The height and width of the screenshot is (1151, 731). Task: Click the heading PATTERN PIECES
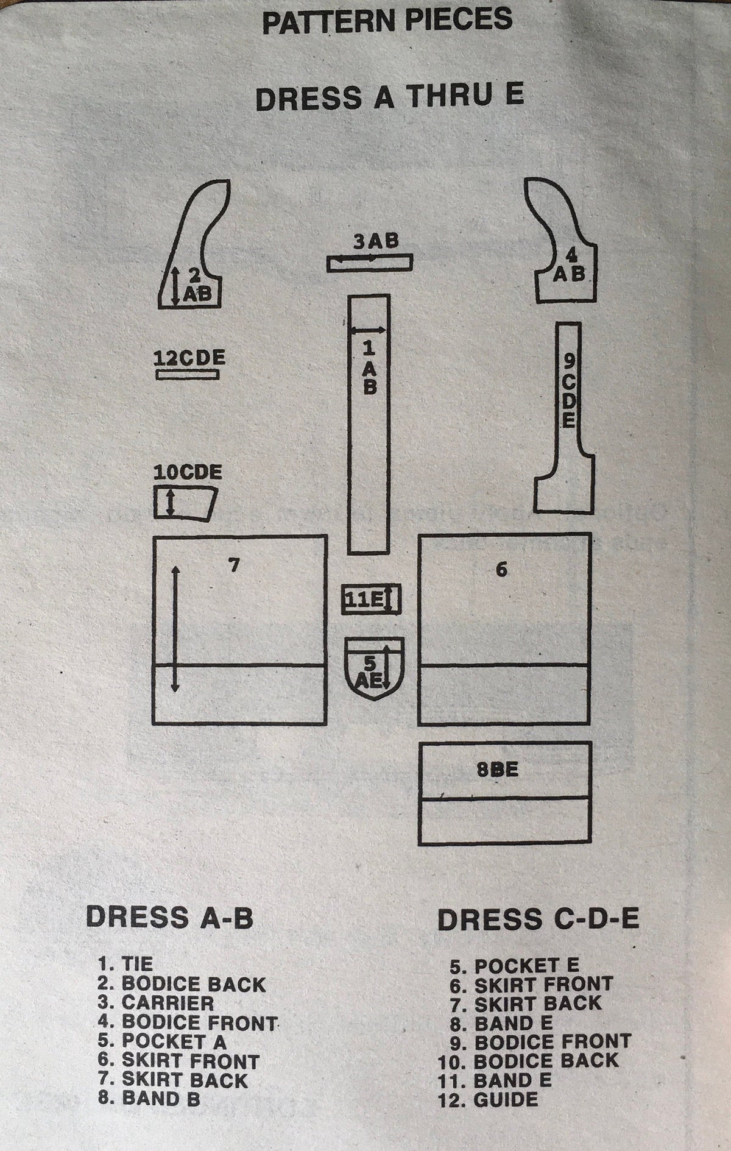click(387, 20)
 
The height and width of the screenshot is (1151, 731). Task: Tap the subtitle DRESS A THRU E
click(390, 98)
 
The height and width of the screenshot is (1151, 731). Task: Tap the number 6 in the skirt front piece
click(501, 570)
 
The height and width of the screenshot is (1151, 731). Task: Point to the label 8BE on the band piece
click(498, 770)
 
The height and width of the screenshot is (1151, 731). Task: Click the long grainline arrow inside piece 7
click(175, 628)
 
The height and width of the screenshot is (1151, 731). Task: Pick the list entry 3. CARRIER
click(156, 1020)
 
